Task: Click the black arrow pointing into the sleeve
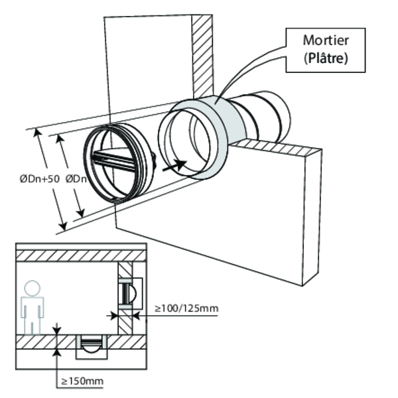click(175, 163)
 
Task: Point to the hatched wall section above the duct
click(202, 53)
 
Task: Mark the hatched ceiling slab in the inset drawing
click(80, 255)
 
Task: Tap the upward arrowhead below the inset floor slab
click(60, 352)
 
